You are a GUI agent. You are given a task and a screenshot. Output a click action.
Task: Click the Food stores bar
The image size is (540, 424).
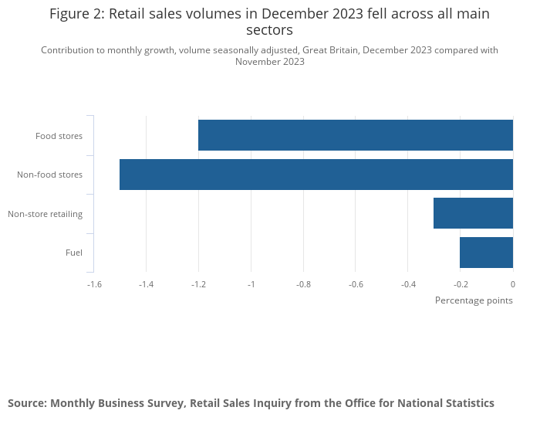tap(356, 135)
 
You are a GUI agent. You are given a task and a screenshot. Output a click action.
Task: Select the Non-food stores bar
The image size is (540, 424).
tap(316, 175)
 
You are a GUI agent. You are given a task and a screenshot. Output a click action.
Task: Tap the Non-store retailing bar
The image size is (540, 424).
tap(473, 213)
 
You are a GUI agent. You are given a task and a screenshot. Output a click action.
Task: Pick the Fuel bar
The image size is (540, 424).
tap(486, 253)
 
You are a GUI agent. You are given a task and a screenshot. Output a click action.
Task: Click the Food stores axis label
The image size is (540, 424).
tap(59, 137)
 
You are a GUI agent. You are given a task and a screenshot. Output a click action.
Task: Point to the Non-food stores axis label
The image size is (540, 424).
tap(49, 175)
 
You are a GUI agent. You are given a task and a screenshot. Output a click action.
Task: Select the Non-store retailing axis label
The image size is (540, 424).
tap(45, 214)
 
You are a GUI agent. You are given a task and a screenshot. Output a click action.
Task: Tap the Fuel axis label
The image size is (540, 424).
tap(74, 253)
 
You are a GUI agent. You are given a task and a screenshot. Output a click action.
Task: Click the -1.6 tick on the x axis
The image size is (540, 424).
tap(94, 284)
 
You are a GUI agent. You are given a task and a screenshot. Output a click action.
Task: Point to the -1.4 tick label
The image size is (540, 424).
tap(146, 284)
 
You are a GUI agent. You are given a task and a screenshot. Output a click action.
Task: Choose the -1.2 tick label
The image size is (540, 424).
tap(198, 284)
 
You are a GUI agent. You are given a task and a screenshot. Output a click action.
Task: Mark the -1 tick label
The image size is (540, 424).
tap(251, 284)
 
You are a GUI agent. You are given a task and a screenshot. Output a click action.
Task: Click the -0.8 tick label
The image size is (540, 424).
tap(303, 284)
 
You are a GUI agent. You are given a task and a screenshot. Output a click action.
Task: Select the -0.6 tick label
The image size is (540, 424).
tap(356, 284)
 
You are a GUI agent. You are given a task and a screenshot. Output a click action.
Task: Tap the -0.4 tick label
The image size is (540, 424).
tap(408, 284)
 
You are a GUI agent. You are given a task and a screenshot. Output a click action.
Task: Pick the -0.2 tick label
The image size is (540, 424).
tap(461, 284)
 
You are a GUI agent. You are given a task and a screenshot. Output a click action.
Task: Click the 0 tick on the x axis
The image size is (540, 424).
tap(513, 284)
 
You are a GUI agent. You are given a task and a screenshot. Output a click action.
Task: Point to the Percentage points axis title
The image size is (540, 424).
tap(474, 300)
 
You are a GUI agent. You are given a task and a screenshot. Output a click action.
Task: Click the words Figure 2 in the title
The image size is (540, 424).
tap(76, 14)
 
